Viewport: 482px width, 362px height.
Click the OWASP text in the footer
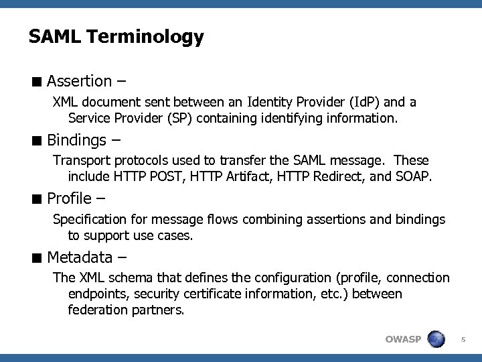click(403, 339)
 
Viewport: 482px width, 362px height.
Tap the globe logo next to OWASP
click(436, 339)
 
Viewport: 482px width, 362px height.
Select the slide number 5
click(463, 339)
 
